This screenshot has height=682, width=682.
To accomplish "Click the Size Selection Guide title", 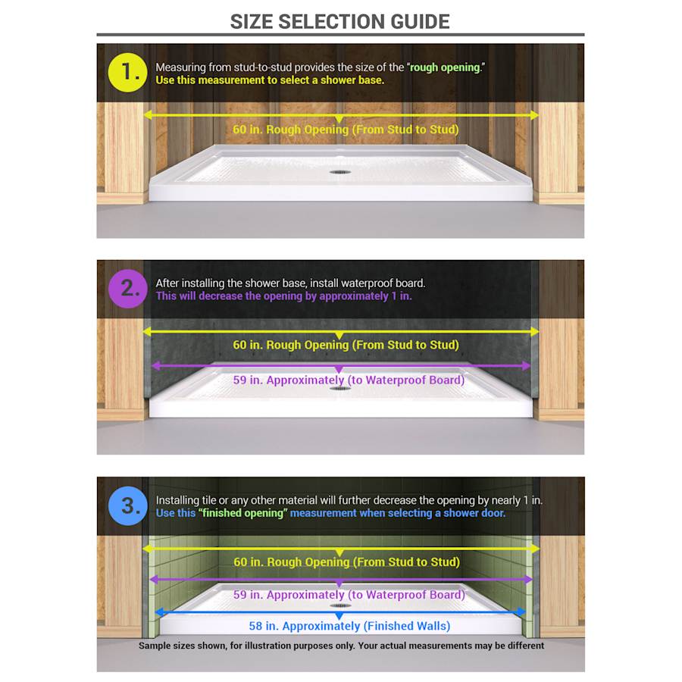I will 340,21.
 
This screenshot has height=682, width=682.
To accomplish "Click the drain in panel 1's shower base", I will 339,172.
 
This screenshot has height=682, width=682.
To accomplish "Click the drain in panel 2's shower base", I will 339,388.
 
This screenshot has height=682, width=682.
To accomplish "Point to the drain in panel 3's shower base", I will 340,605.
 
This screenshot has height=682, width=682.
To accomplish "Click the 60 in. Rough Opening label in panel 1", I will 346,130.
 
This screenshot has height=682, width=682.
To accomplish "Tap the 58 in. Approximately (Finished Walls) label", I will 349,626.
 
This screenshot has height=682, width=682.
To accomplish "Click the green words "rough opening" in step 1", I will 446,67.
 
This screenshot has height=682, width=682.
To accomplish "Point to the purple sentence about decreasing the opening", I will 284,296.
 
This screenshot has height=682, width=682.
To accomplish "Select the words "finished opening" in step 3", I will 242,513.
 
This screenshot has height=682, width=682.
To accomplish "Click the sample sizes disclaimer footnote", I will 341,646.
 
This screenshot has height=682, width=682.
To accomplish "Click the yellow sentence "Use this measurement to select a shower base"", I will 270,80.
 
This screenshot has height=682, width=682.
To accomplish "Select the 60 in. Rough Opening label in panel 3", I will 346,562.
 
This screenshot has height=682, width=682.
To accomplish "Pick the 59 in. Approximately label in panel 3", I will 349,595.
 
